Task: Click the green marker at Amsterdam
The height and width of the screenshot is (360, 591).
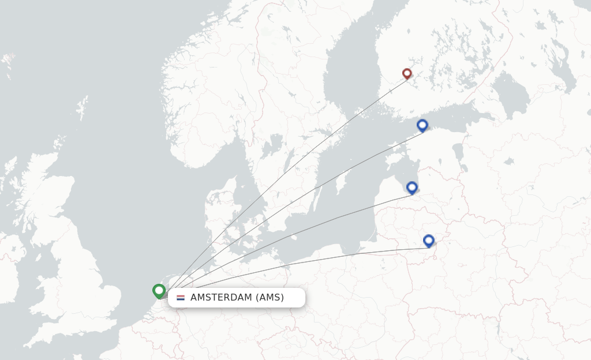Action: click(159, 290)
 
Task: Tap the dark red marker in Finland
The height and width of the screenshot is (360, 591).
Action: click(407, 73)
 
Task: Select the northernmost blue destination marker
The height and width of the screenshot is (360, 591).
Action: click(422, 125)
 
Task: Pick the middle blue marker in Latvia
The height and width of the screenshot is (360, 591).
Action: click(412, 187)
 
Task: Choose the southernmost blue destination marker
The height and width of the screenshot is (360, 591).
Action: click(428, 241)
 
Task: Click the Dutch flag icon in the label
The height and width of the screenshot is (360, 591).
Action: click(181, 298)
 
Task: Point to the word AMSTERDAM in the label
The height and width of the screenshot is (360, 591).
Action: click(222, 298)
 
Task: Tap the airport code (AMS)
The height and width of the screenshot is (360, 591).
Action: click(270, 298)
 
